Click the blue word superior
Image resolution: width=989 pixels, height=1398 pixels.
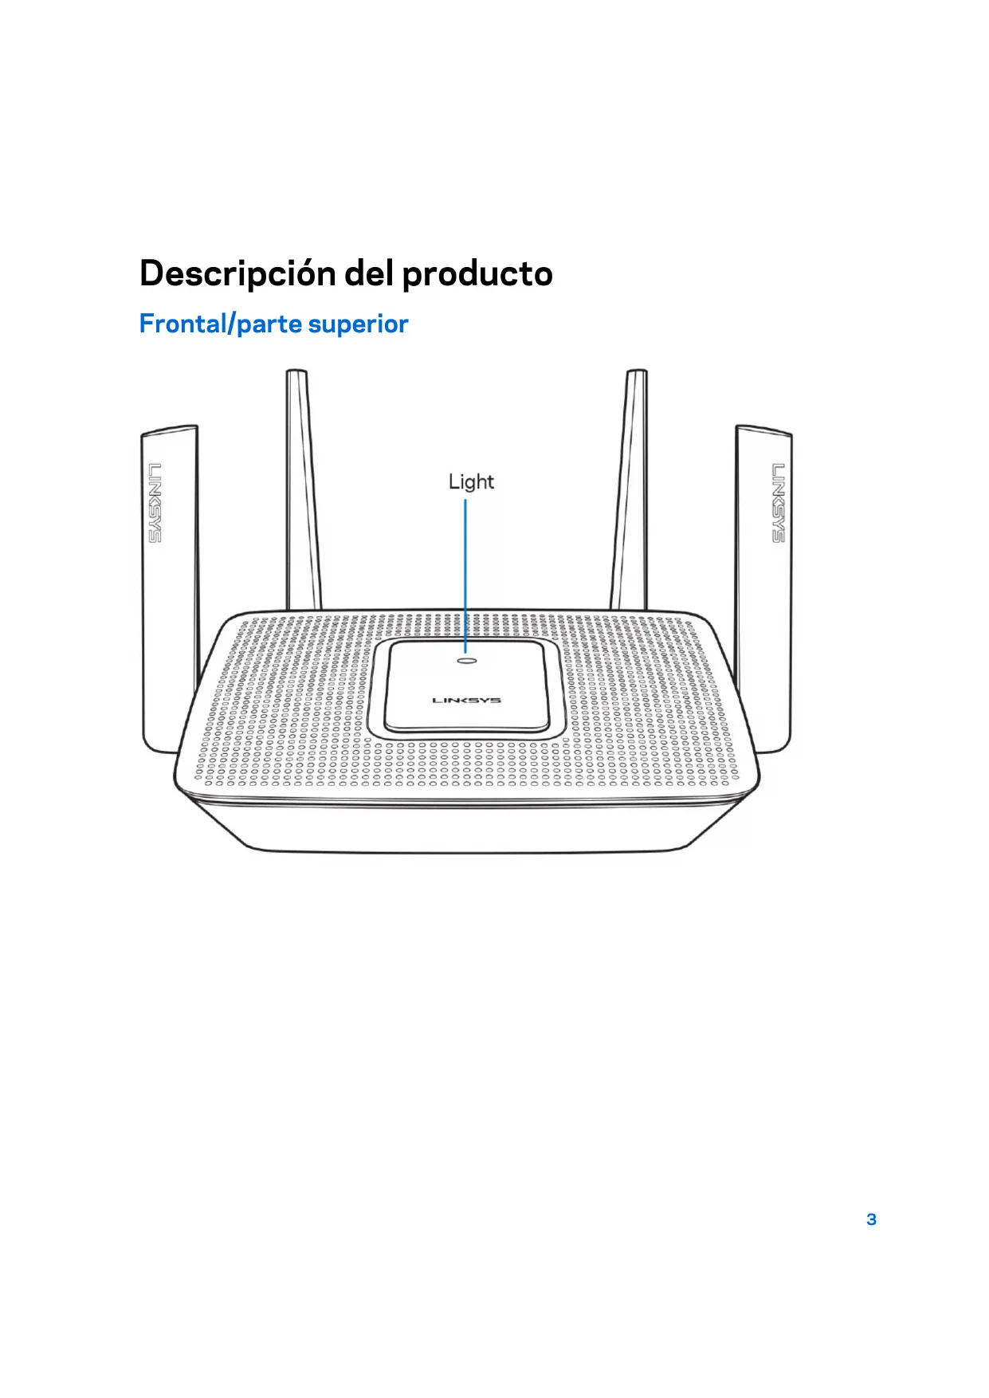pyautogui.click(x=358, y=324)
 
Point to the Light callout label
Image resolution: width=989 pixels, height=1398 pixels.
pyautogui.click(x=471, y=481)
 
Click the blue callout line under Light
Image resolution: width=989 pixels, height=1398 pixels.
pyautogui.click(x=465, y=574)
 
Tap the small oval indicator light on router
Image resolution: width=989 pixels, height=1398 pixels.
pyautogui.click(x=466, y=660)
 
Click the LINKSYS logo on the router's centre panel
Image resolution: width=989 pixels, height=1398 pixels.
pyautogui.click(x=466, y=701)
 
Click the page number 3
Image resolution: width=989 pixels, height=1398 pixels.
pyautogui.click(x=871, y=1219)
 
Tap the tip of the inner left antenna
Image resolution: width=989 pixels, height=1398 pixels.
pyautogui.click(x=296, y=373)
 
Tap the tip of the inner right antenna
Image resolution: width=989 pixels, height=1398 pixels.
pyautogui.click(x=636, y=373)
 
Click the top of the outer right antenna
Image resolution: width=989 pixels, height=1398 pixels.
pyautogui.click(x=763, y=431)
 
